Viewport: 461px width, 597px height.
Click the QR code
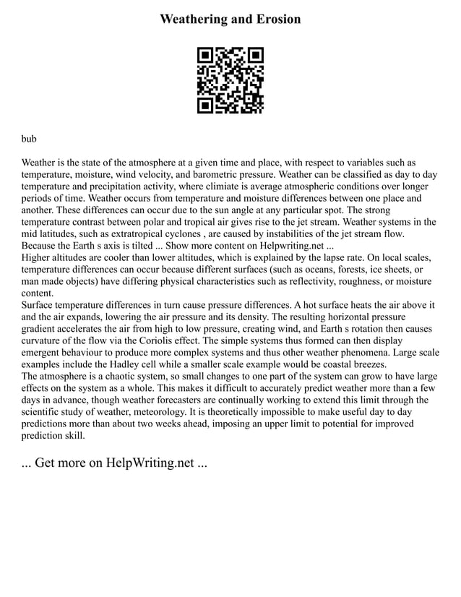click(231, 80)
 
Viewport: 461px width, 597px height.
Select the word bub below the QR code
click(29, 137)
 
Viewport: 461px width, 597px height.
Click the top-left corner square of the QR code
click(206, 56)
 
